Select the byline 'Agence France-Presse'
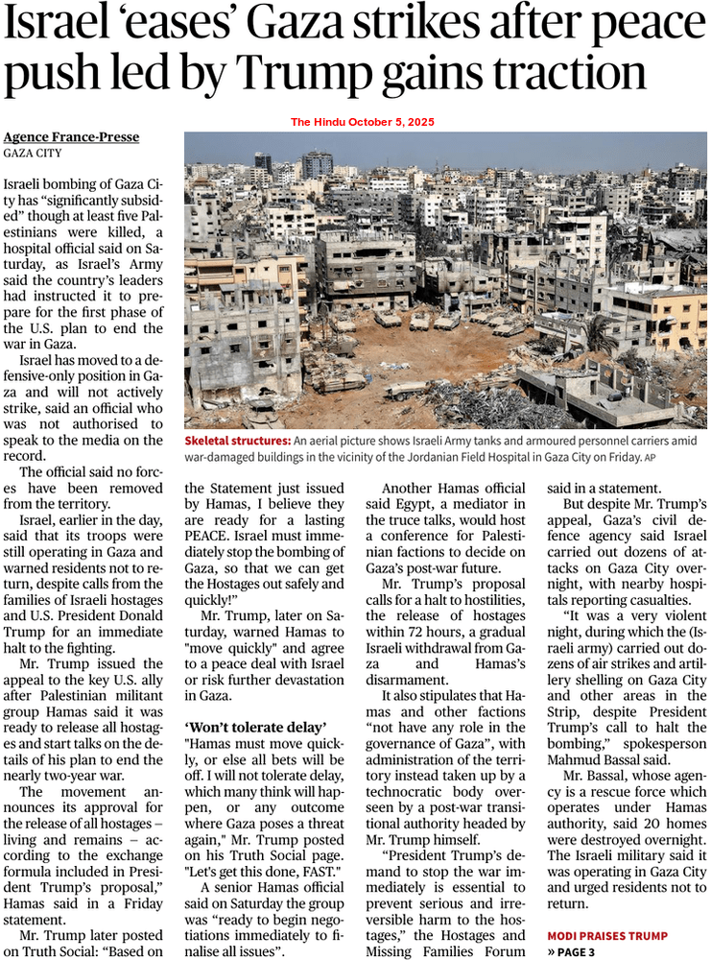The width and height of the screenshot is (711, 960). coord(71,137)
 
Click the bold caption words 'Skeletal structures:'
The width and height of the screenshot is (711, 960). coord(239,440)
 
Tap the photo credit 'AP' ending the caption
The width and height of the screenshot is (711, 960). coord(650,457)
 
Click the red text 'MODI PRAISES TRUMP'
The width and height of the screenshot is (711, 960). coord(607,934)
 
